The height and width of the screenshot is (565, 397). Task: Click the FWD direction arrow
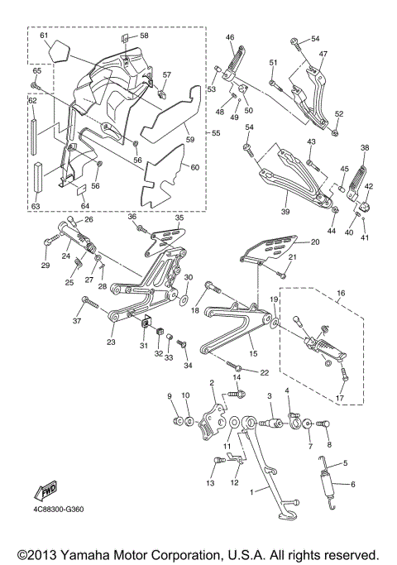click(x=45, y=491)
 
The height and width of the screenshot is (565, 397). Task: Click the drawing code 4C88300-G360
click(x=59, y=510)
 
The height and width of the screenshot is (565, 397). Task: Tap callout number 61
click(x=44, y=36)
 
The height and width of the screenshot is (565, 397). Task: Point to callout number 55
click(x=215, y=133)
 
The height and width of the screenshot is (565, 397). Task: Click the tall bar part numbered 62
click(x=34, y=137)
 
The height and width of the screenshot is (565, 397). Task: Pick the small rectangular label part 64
click(x=83, y=189)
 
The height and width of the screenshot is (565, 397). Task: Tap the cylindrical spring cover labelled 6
click(x=328, y=486)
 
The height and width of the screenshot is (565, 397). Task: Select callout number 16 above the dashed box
click(x=341, y=293)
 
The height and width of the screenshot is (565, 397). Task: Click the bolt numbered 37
click(x=90, y=303)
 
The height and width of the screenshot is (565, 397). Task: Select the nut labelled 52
click(x=335, y=133)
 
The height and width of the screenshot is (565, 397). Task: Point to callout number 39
click(x=285, y=212)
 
